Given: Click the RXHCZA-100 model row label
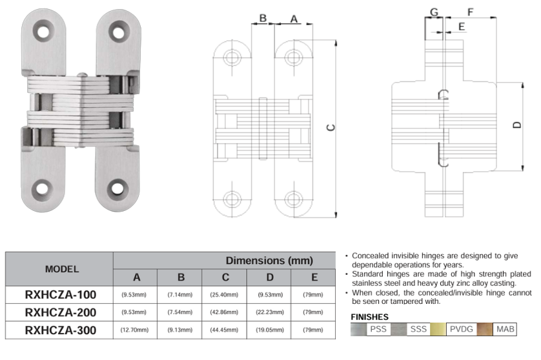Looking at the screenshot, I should pos(60,295).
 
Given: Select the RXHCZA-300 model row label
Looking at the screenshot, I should pos(60,330).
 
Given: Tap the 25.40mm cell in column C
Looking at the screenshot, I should pos(225,295).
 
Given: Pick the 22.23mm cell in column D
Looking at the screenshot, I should pos(270,313).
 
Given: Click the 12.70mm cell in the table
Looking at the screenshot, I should pos(136,330).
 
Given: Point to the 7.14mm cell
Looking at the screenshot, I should pos(181,295).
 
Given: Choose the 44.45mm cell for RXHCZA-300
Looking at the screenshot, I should pos(225,330).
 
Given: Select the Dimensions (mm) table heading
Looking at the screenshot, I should pos(269,261).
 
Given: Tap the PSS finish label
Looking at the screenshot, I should pos(377,329).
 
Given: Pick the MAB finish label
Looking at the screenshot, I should pos(505,329).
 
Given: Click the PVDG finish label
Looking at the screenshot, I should pos(462,329).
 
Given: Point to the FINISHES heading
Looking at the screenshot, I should pos(369,317).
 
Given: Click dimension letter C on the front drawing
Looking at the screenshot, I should pos(330,128).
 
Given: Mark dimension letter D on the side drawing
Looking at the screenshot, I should pos(516,125).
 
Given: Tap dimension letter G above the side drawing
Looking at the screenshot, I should pos(434,12).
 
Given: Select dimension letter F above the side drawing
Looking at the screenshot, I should pos(470,12).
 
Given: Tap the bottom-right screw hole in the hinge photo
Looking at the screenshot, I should pos(119,189).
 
